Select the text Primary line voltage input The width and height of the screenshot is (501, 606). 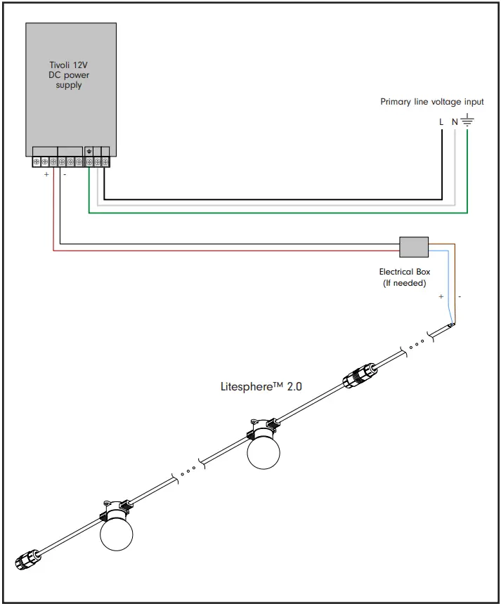[431, 102]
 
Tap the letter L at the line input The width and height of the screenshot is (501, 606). [441, 121]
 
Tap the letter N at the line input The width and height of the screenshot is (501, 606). [454, 121]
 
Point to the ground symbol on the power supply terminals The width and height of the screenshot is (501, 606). [89, 151]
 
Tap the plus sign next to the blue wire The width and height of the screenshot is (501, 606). [441, 297]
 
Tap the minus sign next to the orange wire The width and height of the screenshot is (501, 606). [460, 297]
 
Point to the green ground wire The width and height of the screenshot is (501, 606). [281, 211]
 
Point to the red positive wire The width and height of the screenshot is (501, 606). [225, 250]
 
